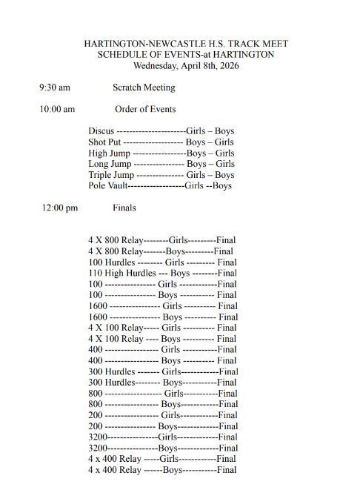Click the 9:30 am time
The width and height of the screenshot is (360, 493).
pos(55,87)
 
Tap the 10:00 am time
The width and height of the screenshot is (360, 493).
pos(57,109)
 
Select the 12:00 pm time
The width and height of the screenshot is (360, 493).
pos(59,208)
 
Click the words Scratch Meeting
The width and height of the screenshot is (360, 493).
pos(144,87)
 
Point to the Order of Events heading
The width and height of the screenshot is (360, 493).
pos(145,109)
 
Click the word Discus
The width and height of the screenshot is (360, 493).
pos(101,131)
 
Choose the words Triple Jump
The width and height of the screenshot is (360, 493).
pos(110,175)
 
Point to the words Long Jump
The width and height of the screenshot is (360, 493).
pos(110,164)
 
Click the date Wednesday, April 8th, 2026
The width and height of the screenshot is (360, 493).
pos(186,65)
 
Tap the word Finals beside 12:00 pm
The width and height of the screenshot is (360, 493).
pos(124,208)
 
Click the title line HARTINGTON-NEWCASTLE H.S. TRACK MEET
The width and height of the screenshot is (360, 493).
pos(186,44)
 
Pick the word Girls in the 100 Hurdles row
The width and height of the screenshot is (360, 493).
pos(175,262)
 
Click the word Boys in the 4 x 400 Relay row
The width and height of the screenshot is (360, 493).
pos(173,469)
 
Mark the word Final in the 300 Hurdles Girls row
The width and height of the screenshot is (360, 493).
pos(228,371)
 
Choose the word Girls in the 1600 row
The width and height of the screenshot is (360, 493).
pos(172,305)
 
